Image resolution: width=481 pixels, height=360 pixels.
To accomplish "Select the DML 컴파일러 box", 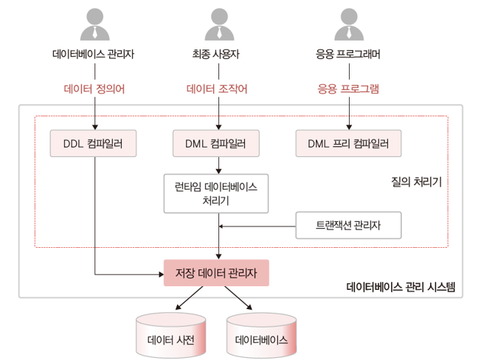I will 217,143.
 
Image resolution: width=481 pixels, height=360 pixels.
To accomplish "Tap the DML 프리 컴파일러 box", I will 348,143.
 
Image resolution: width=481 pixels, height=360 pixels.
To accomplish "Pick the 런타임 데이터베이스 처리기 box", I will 217,193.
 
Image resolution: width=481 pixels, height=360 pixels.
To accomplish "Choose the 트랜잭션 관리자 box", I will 348,225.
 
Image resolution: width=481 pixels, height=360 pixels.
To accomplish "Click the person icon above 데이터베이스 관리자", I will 94,24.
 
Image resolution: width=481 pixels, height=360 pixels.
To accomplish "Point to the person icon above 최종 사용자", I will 217,24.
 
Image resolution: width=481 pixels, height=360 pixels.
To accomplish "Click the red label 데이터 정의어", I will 94,89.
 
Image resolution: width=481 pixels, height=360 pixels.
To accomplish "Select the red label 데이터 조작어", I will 217,89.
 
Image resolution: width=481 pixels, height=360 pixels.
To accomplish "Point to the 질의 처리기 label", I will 416,181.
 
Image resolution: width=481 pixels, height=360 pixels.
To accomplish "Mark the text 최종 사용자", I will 217,55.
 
